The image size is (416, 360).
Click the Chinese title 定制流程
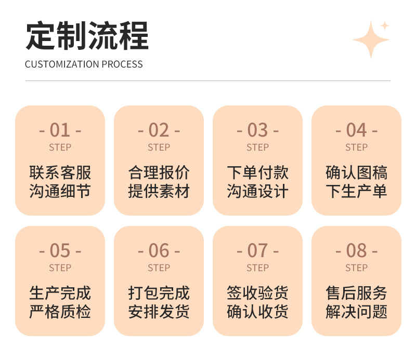click(87, 36)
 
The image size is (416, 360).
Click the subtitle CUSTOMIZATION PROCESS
click(84, 64)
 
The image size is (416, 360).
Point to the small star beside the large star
click(385, 25)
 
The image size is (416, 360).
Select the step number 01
click(60, 130)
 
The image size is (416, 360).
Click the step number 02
click(159, 130)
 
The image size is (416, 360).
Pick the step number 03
click(257, 130)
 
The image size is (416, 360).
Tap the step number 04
click(356, 130)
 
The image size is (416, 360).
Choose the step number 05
click(60, 251)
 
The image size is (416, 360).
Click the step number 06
click(159, 251)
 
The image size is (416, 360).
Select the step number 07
click(257, 251)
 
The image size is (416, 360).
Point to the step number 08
click(356, 251)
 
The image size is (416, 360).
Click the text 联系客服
click(60, 172)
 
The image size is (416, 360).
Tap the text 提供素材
click(159, 191)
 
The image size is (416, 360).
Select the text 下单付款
click(257, 172)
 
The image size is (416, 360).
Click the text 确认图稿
click(356, 172)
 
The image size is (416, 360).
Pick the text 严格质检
click(60, 312)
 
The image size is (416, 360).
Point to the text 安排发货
click(159, 312)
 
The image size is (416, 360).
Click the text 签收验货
click(257, 293)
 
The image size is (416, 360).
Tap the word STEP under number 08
click(356, 268)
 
